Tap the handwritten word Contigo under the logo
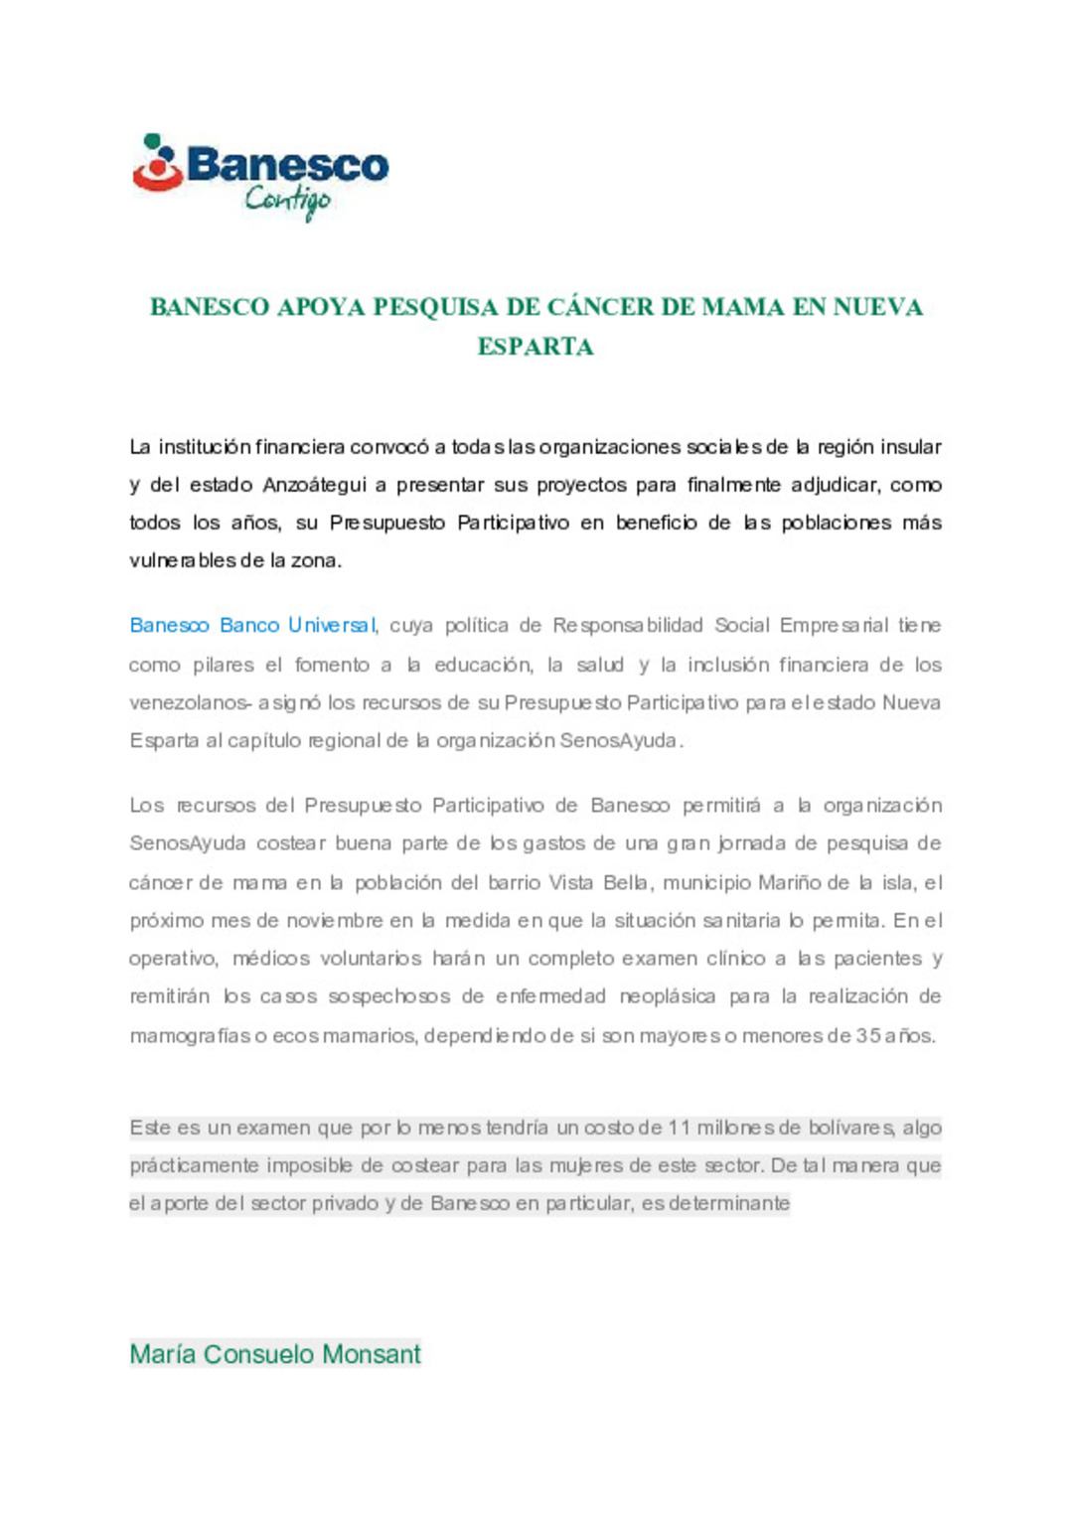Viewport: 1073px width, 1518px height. pos(287,201)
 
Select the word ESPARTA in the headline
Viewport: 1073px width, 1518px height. pos(536,347)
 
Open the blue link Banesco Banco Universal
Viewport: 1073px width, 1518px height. pos(252,626)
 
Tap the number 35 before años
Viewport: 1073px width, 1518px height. pos(867,1035)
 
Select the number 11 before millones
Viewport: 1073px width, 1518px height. pos(679,1128)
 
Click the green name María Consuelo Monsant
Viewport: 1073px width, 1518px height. pos(275,1354)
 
